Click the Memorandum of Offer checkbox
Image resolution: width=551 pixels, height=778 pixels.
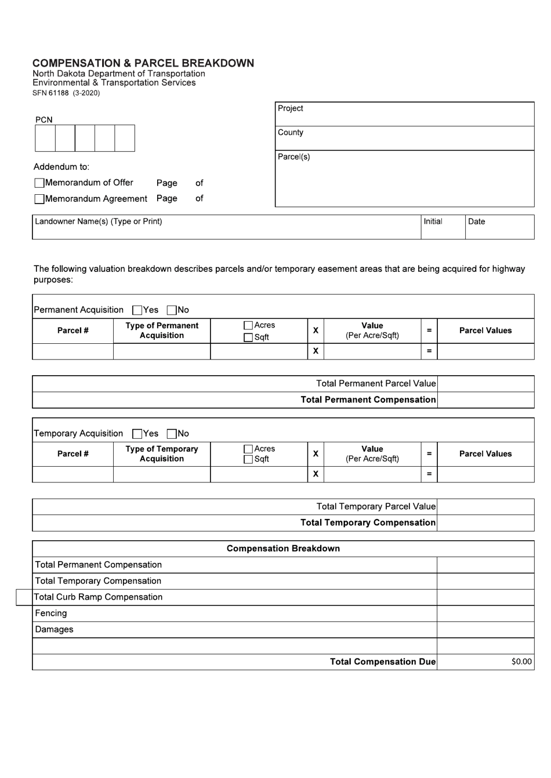39,183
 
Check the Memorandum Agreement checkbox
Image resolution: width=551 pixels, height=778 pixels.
39,199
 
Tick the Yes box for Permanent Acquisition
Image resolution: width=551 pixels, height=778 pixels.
137,310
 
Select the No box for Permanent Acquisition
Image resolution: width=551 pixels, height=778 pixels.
172,310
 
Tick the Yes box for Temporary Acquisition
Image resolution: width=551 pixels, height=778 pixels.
137,434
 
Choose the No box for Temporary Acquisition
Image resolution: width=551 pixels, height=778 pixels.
172,434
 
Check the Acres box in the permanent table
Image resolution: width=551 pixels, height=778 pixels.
248,326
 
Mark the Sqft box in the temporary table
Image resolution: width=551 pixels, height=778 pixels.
248,460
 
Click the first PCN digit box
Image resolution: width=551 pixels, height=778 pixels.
45,138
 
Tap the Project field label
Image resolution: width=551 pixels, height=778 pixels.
291,108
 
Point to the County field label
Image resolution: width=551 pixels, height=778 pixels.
291,133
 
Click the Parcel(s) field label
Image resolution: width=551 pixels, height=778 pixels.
294,157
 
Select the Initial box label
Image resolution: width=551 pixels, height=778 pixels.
433,221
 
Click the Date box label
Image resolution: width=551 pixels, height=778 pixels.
476,221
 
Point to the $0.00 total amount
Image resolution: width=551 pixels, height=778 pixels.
521,661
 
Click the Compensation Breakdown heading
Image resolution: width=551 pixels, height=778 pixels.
283,548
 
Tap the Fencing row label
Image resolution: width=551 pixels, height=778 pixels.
51,613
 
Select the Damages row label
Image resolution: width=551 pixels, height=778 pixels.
54,630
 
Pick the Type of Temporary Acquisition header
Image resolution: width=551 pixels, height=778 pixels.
162,454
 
